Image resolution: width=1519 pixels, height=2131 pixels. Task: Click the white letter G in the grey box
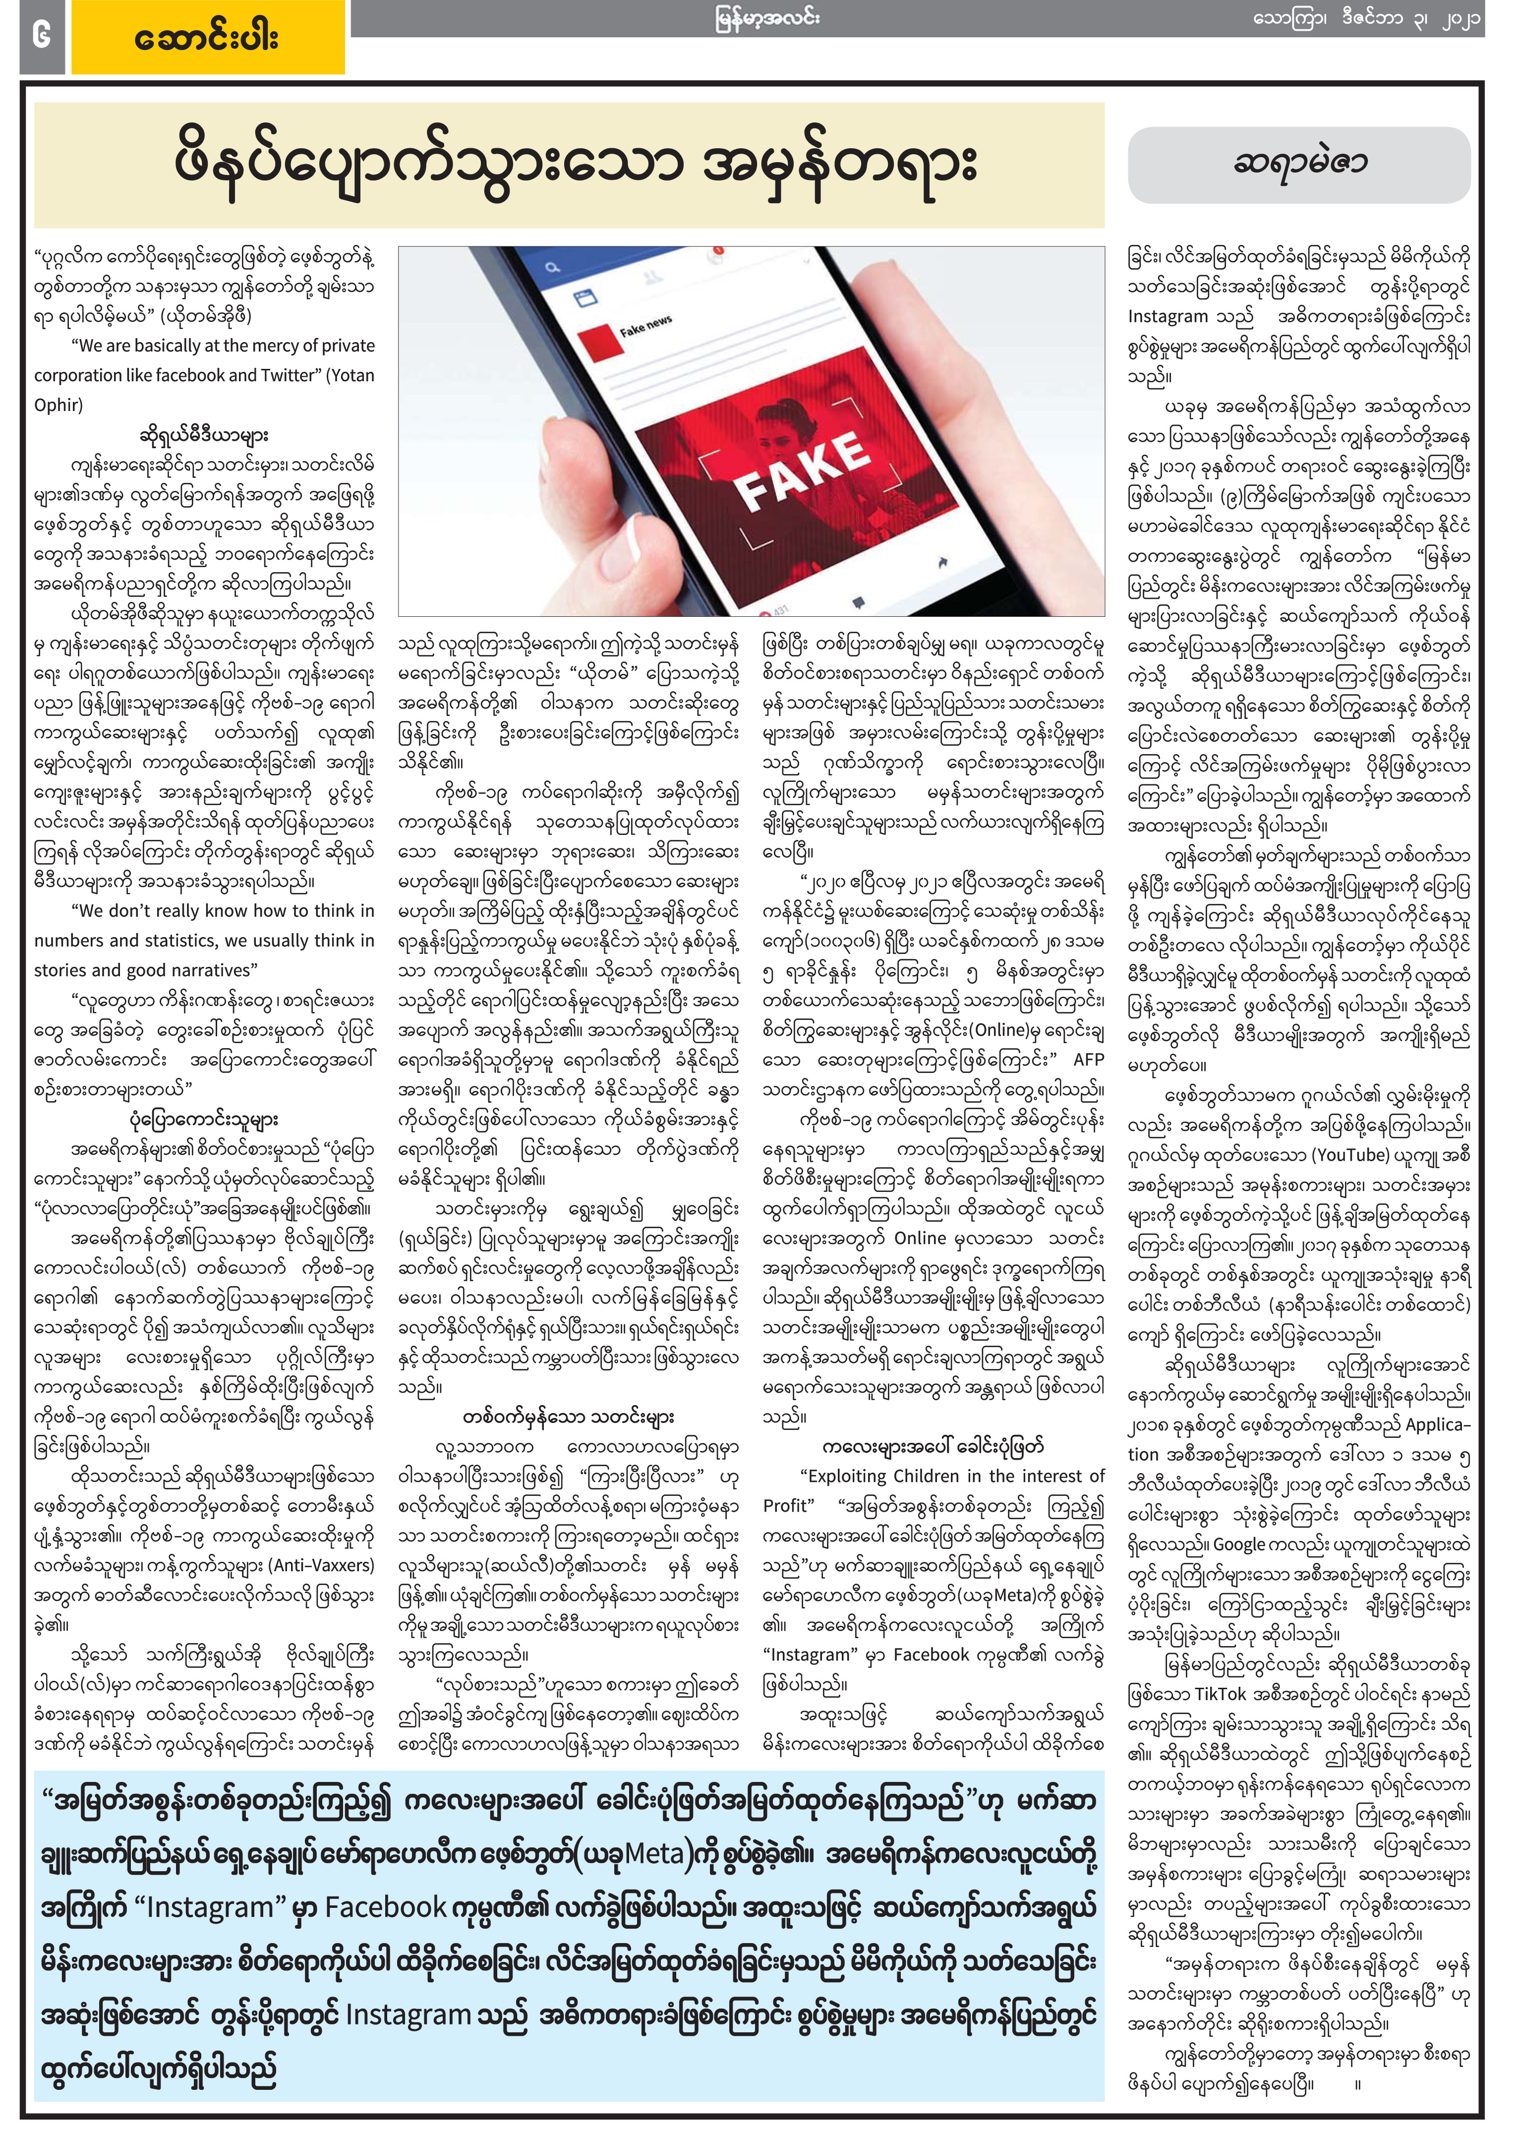pyautogui.click(x=41, y=36)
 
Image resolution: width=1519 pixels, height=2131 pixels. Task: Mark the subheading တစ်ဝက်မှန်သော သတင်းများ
pyautogui.click(x=568, y=1417)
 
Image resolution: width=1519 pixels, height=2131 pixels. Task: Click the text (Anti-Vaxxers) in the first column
pyautogui.click(x=322, y=1565)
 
